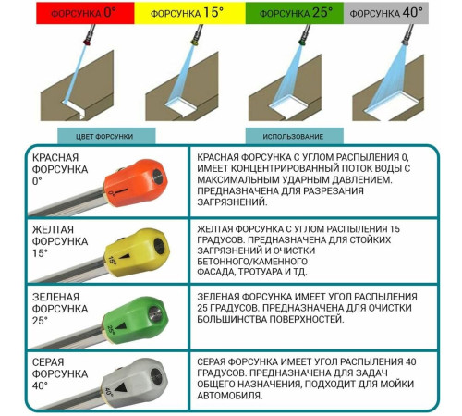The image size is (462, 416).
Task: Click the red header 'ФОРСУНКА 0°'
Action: tap(85, 13)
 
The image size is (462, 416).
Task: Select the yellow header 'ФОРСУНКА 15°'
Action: tap(189, 13)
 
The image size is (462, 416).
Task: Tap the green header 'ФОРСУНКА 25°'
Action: tap(295, 13)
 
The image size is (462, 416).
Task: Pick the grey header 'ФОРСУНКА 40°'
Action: tap(386, 13)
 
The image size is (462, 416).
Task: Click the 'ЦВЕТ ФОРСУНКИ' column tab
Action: tap(106, 136)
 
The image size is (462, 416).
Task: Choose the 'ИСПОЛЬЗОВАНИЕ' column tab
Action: tap(295, 136)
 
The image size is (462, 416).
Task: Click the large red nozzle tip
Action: tap(136, 183)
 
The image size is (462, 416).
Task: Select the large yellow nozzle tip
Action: tap(137, 251)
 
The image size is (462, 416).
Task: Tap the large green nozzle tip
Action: tap(136, 318)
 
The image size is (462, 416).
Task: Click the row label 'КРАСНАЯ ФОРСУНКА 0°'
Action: tap(60, 169)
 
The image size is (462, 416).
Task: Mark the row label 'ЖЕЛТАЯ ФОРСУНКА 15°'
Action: tap(60, 241)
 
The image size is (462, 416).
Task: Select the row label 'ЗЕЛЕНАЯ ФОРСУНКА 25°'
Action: tap(60, 309)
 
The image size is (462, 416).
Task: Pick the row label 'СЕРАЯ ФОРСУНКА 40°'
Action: tap(60, 373)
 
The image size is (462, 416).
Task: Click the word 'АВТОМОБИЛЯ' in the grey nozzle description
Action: tap(229, 396)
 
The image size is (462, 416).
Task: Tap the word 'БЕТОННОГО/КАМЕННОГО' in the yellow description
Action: tap(252, 262)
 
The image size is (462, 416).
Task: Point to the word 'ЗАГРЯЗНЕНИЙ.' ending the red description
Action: tap(232, 202)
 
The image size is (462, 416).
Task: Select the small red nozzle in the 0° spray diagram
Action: tap(88, 42)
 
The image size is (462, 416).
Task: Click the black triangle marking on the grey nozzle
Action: tap(121, 387)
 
